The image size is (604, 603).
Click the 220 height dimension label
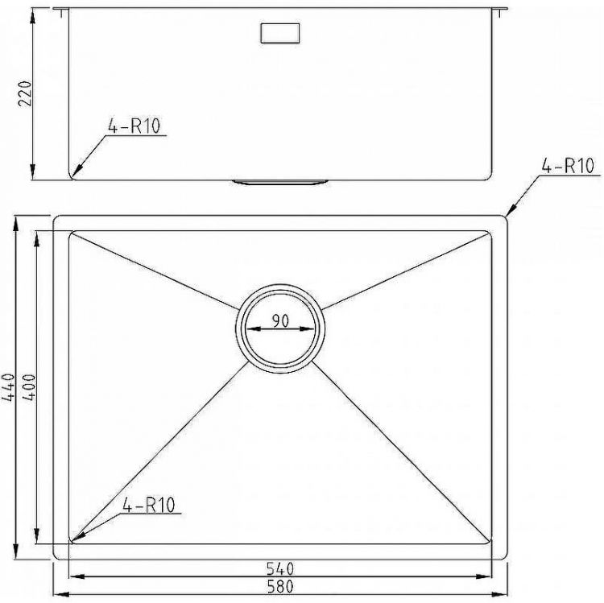[x=27, y=93]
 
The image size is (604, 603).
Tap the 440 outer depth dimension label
[x=9, y=387]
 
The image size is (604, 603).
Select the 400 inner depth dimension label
[x=29, y=387]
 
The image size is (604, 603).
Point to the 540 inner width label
[x=280, y=568]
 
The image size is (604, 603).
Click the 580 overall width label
[x=280, y=586]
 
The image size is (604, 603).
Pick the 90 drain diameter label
[x=280, y=320]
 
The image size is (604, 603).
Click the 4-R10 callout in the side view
[x=134, y=126]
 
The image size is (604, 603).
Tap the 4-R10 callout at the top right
[x=568, y=166]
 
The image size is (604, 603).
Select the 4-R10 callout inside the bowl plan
[x=149, y=505]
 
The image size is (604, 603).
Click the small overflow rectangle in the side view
[x=280, y=33]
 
